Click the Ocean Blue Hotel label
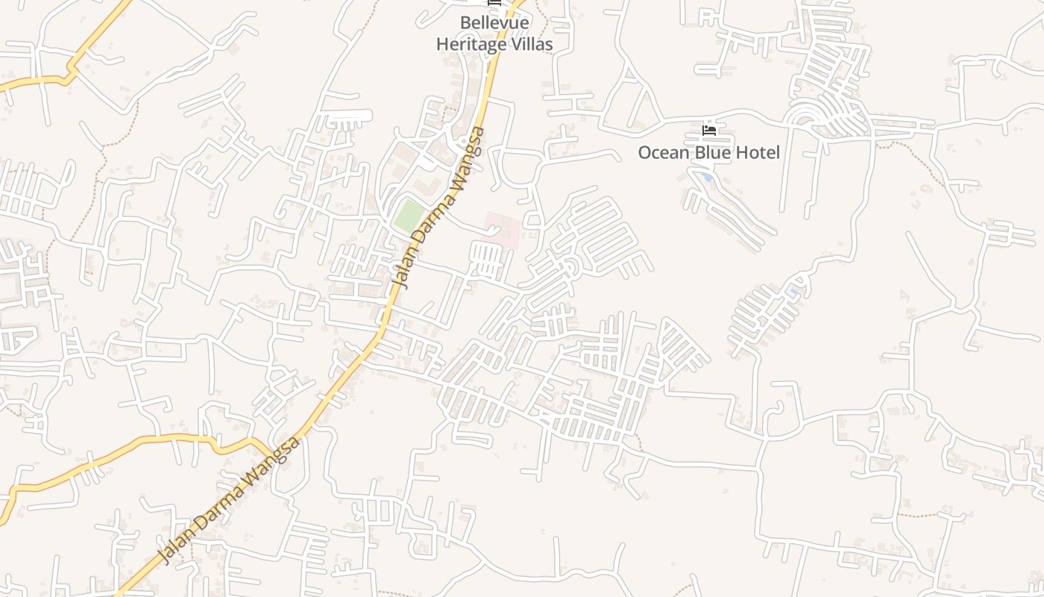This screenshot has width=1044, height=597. click(708, 153)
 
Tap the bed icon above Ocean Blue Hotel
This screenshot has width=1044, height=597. click(709, 131)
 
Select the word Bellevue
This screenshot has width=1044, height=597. click(494, 23)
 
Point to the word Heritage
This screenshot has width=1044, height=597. click(474, 44)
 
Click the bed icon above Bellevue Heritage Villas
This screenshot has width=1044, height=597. click(494, 3)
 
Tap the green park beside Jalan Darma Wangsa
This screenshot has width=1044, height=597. click(409, 215)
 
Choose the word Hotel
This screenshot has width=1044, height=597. click(755, 153)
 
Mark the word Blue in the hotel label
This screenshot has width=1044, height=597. click(708, 153)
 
